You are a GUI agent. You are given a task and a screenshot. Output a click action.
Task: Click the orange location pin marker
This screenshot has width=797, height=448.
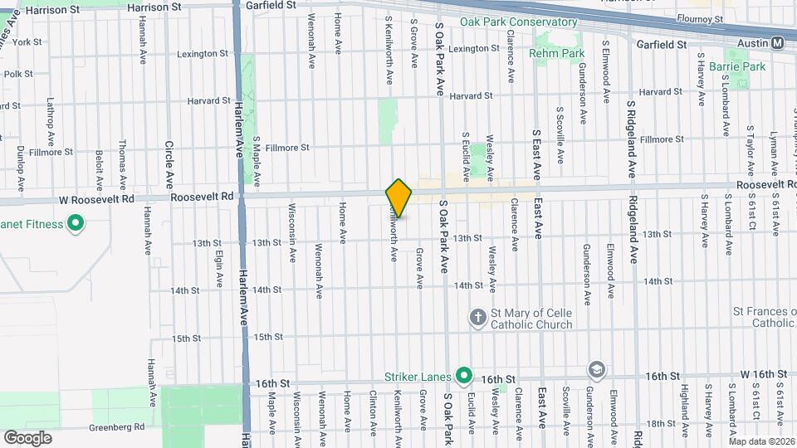(x=399, y=198)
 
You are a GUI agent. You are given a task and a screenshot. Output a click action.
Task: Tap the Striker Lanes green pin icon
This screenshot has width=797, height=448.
(x=463, y=376)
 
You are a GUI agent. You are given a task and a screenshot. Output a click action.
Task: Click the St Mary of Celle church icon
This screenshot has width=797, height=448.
(x=477, y=316)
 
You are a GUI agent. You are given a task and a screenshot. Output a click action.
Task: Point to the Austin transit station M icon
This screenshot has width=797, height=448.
(x=778, y=43)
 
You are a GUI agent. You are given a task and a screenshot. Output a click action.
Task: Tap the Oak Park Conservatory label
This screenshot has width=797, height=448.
(x=506, y=22)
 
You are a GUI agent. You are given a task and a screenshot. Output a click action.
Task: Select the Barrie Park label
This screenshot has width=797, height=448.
(x=744, y=66)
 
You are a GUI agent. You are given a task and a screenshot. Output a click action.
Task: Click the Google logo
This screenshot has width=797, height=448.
(x=27, y=437)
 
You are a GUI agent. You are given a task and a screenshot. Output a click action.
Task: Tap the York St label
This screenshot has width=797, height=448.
(x=27, y=41)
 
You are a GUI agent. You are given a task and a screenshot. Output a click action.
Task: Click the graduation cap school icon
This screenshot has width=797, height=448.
(x=596, y=369)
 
